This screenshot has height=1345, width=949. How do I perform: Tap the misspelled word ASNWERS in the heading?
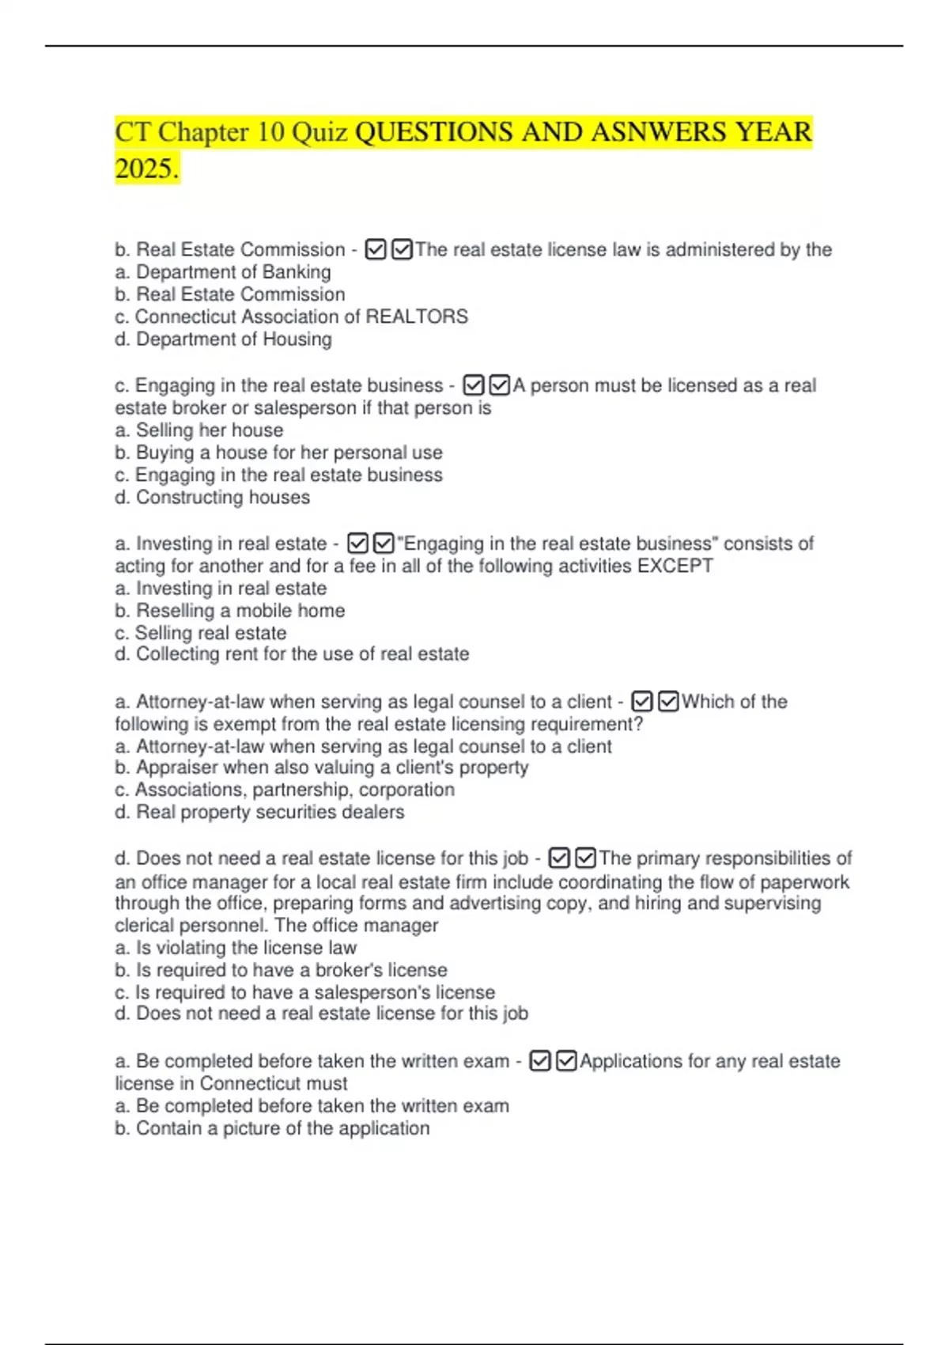click(x=660, y=132)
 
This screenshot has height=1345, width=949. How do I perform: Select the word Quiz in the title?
click(x=319, y=132)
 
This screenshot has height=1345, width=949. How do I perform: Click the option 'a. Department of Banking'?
click(x=223, y=272)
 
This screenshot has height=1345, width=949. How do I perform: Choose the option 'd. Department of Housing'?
click(x=223, y=339)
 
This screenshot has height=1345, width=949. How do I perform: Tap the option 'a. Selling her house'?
click(x=199, y=430)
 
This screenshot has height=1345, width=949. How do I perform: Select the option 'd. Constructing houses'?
click(x=212, y=498)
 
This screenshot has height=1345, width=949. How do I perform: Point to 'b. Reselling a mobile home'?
click(x=230, y=611)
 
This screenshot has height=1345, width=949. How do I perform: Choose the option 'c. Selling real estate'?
click(x=201, y=633)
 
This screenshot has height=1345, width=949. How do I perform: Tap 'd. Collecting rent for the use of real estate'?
click(x=292, y=654)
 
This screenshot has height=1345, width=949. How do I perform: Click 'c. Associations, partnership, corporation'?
click(x=285, y=790)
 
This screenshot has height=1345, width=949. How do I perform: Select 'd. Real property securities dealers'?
click(x=259, y=812)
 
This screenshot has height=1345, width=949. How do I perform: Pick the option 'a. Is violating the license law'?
click(x=236, y=948)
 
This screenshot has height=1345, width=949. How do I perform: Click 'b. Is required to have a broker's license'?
click(x=281, y=970)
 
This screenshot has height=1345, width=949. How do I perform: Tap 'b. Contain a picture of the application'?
click(x=272, y=1128)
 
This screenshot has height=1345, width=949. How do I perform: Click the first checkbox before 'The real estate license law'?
click(x=376, y=250)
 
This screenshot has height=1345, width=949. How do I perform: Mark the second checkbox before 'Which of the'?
click(x=668, y=702)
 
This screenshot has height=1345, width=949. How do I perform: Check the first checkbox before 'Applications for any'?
click(x=540, y=1061)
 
